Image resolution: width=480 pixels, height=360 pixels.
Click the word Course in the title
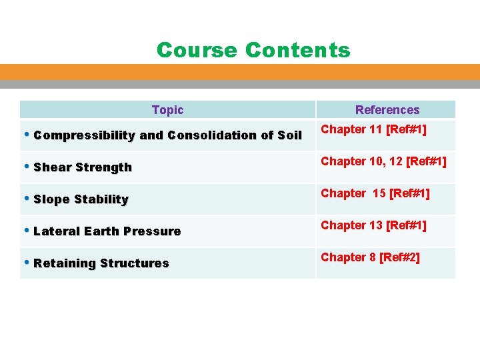click(197, 50)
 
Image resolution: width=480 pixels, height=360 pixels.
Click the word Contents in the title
click(297, 50)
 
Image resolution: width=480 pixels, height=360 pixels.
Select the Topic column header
click(167, 110)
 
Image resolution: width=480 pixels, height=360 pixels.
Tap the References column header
click(387, 110)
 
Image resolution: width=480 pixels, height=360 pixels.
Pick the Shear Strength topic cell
click(83, 167)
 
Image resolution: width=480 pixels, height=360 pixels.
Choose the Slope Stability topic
click(81, 199)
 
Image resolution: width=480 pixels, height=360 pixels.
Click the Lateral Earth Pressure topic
click(107, 231)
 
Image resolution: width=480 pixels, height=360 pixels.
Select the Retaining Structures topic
click(101, 263)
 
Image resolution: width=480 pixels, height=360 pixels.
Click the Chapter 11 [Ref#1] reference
click(373, 129)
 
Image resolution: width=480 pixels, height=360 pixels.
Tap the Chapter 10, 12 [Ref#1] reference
click(383, 161)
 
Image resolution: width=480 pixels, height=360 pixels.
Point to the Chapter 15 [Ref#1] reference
click(375, 193)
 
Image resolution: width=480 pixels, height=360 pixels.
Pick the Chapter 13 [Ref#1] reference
click(373, 225)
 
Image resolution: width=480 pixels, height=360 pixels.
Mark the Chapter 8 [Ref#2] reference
click(370, 257)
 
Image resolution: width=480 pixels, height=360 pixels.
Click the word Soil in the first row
click(290, 135)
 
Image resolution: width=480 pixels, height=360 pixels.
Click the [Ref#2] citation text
click(399, 257)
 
